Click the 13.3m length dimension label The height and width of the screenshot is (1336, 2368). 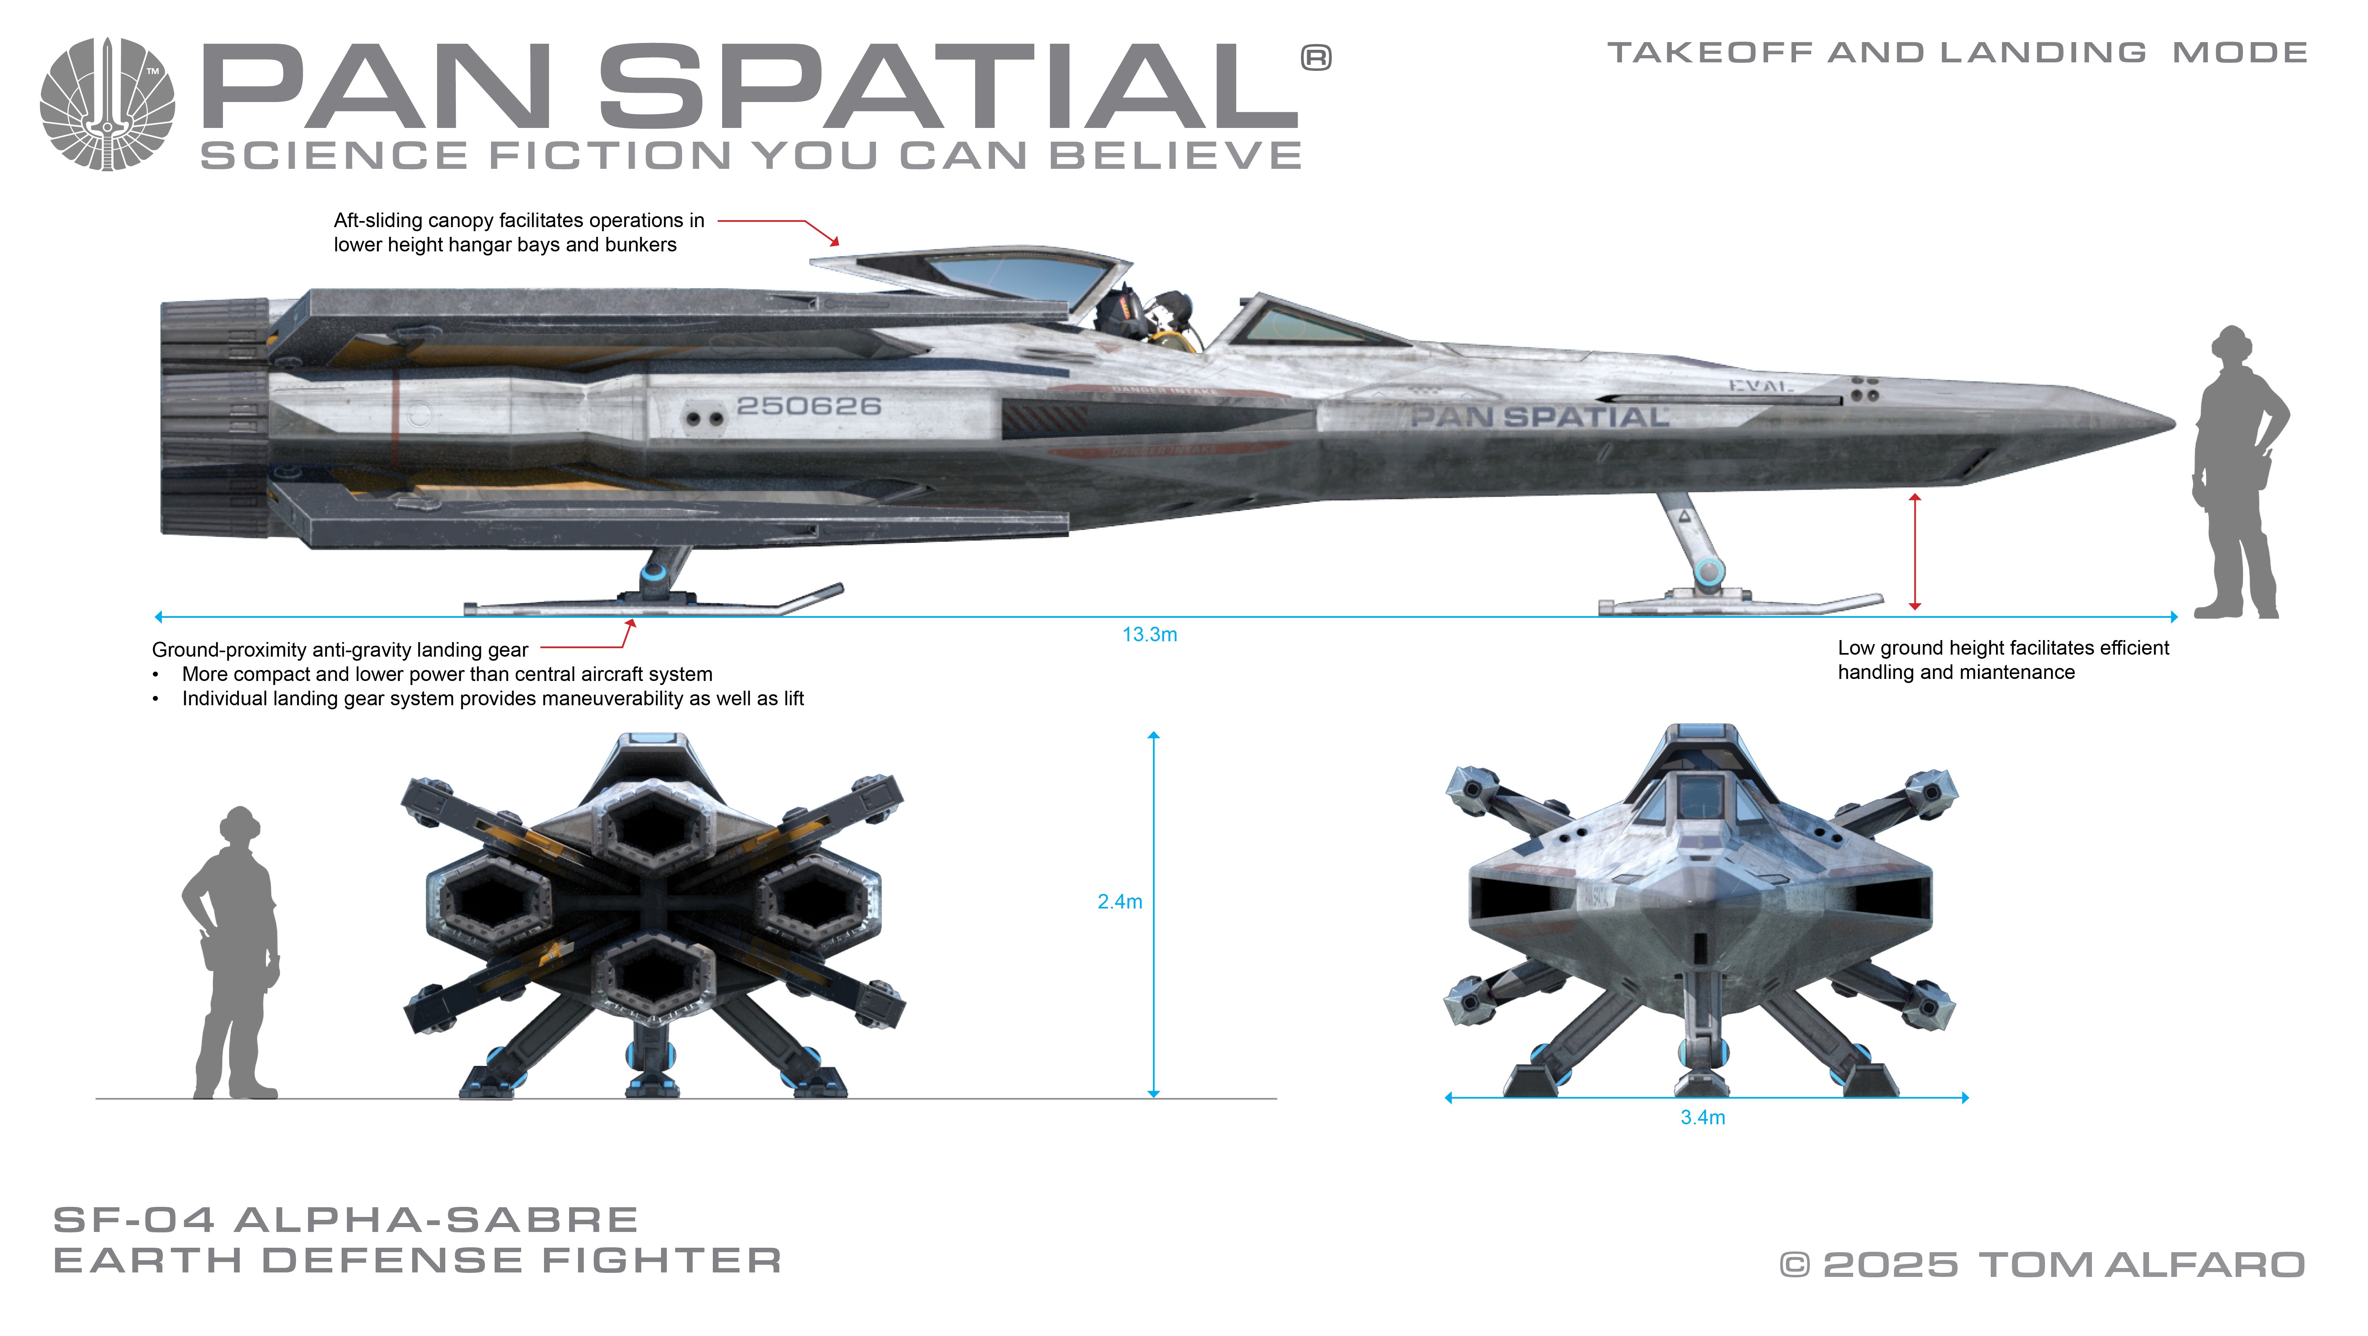pyautogui.click(x=1149, y=634)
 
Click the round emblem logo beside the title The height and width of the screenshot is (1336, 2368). pyautogui.click(x=108, y=104)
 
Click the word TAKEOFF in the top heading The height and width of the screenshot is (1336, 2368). pyautogui.click(x=1710, y=53)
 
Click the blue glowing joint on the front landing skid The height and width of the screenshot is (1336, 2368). pyautogui.click(x=1708, y=572)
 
